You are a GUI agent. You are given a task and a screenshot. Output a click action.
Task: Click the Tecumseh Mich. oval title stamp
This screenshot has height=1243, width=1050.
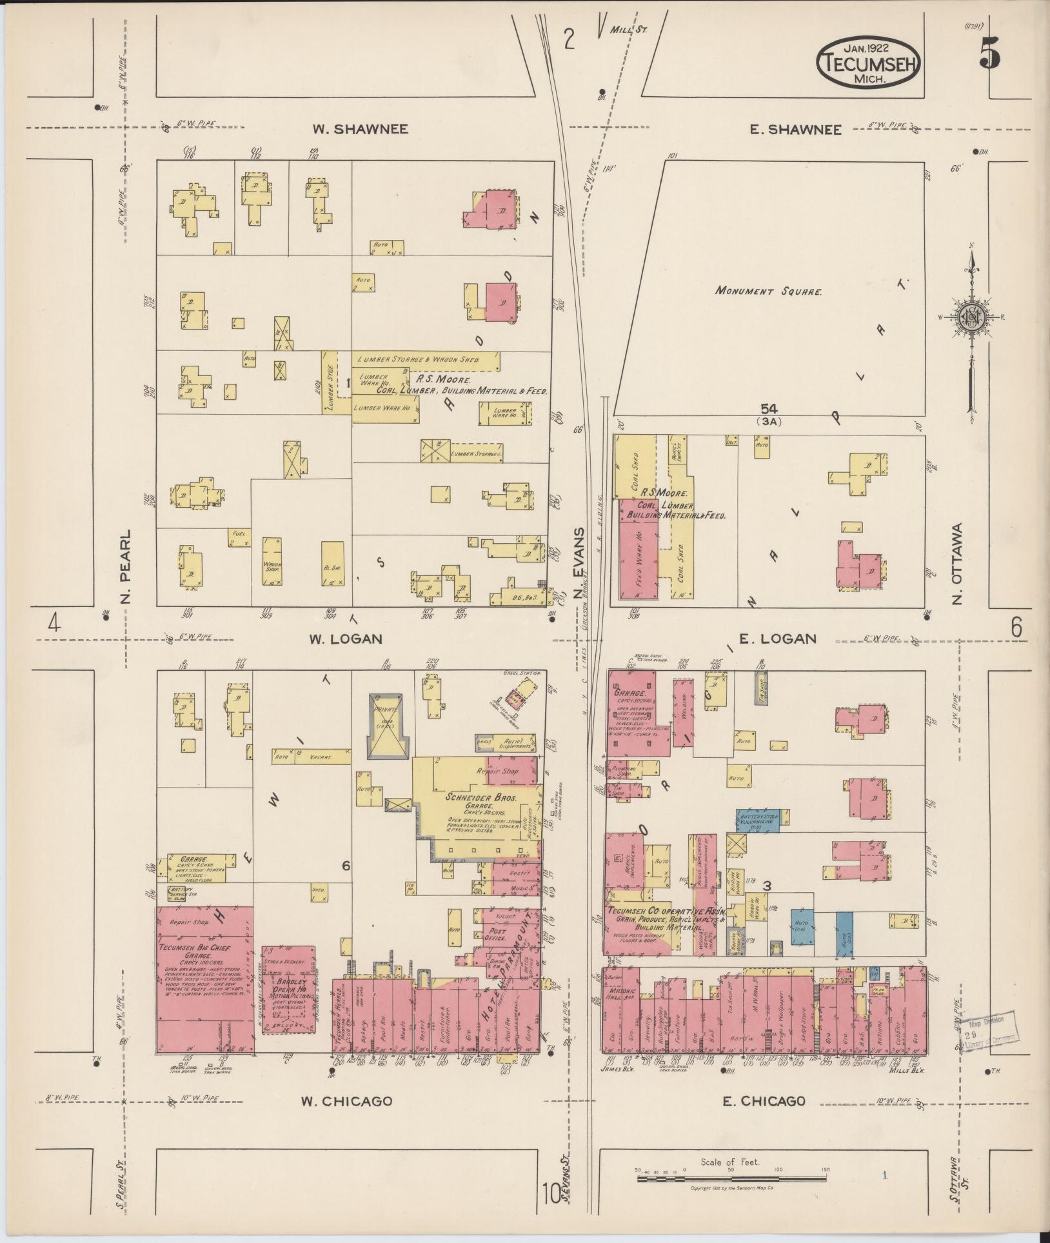click(x=869, y=62)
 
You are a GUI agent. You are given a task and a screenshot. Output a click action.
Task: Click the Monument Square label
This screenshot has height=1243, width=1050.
click(x=768, y=291)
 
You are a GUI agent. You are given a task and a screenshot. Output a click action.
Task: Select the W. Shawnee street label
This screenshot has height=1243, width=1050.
click(x=360, y=129)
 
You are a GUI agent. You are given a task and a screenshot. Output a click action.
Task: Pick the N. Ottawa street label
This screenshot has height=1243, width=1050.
click(x=958, y=564)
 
